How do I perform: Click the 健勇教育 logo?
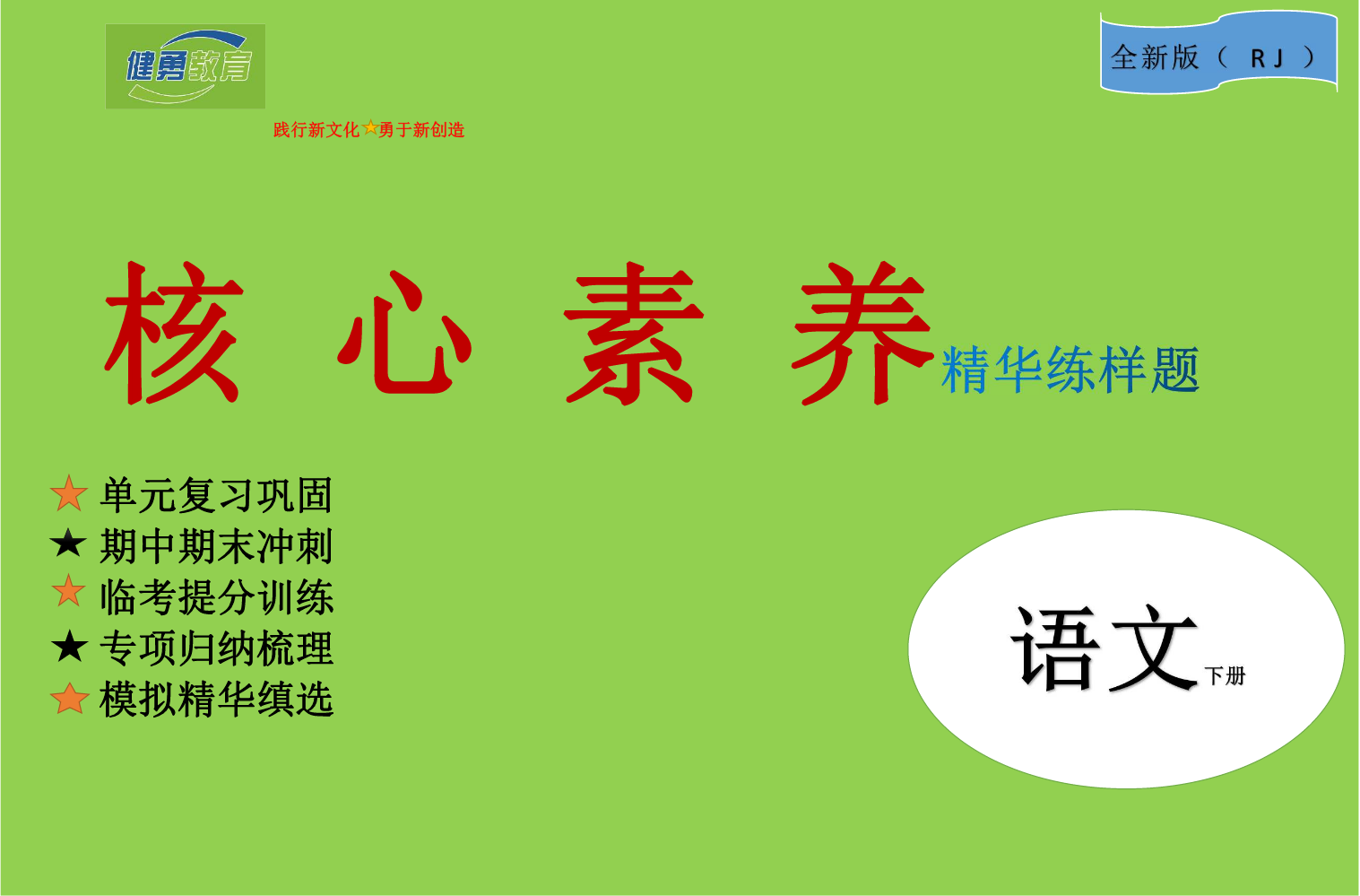[186, 66]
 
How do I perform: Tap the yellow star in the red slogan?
[369, 128]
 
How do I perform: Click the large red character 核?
[174, 333]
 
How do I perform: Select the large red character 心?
[404, 333]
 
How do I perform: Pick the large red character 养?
[862, 333]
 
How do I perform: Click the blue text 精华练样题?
[1070, 370]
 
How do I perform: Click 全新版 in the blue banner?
[1155, 57]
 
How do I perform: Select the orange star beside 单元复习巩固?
[69, 493]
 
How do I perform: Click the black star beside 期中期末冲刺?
[68, 543]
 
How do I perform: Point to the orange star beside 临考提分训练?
[69, 590]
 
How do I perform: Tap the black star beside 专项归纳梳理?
[69, 646]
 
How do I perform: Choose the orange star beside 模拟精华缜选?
[69, 698]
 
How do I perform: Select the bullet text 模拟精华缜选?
[216, 700]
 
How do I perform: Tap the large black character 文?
[1153, 648]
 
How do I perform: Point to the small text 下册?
[1225, 675]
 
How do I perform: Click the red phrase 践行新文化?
[316, 129]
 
